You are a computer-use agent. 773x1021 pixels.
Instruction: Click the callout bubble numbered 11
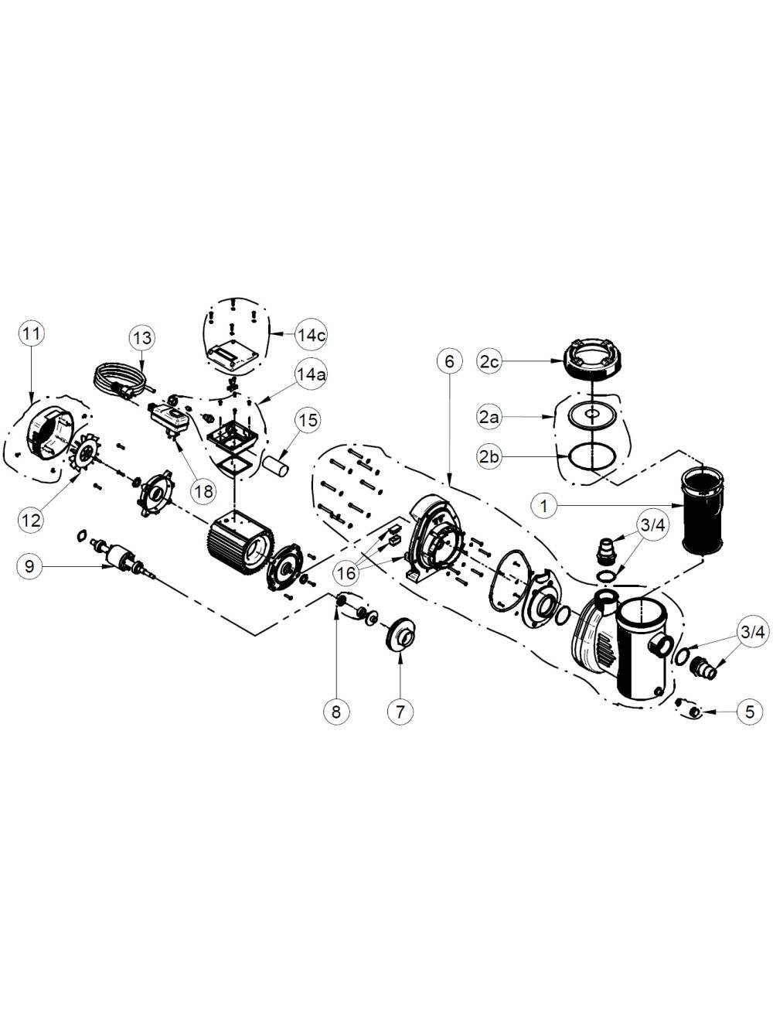click(32, 333)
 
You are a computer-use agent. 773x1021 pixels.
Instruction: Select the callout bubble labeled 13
click(142, 337)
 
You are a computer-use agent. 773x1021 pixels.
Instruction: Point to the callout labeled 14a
click(309, 374)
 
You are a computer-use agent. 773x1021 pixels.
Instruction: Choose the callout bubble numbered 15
click(308, 420)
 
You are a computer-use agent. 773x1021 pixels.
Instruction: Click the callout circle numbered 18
click(203, 491)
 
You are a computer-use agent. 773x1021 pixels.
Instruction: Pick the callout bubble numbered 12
click(32, 520)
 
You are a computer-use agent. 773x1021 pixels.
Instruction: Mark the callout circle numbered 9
click(29, 566)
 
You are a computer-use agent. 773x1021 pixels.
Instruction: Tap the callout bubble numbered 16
click(347, 573)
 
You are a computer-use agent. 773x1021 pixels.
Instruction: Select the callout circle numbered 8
click(336, 711)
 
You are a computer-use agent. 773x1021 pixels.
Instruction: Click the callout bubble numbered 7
click(400, 711)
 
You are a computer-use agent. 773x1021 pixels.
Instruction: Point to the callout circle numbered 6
click(449, 361)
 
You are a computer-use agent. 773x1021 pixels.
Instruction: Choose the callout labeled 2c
click(489, 362)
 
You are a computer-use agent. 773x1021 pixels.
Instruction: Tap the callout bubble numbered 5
click(750, 711)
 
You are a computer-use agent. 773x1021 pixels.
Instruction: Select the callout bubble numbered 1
click(545, 505)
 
